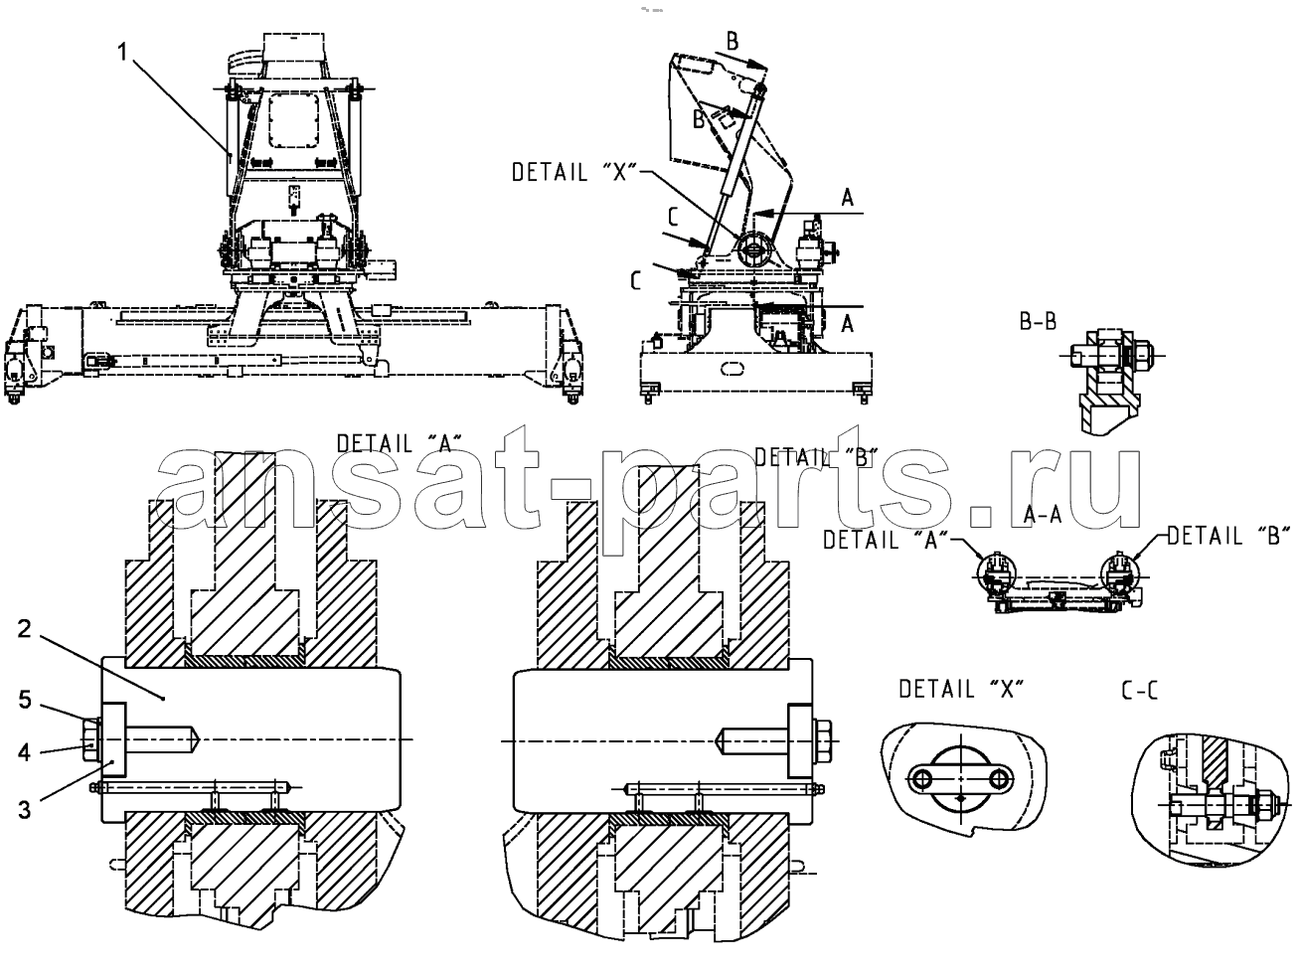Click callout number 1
click(x=122, y=53)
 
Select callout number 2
click(x=24, y=629)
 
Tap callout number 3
click(x=24, y=810)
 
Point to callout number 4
click(x=24, y=752)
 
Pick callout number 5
click(x=24, y=700)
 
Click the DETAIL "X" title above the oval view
click(x=961, y=689)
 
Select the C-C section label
click(x=1139, y=692)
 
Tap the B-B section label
click(x=1038, y=321)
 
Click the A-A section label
click(x=1043, y=515)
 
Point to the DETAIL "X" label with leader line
click(x=574, y=172)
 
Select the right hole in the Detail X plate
click(x=999, y=779)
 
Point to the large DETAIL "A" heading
click(x=400, y=443)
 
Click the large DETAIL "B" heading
click(x=816, y=457)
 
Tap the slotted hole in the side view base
click(x=732, y=369)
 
